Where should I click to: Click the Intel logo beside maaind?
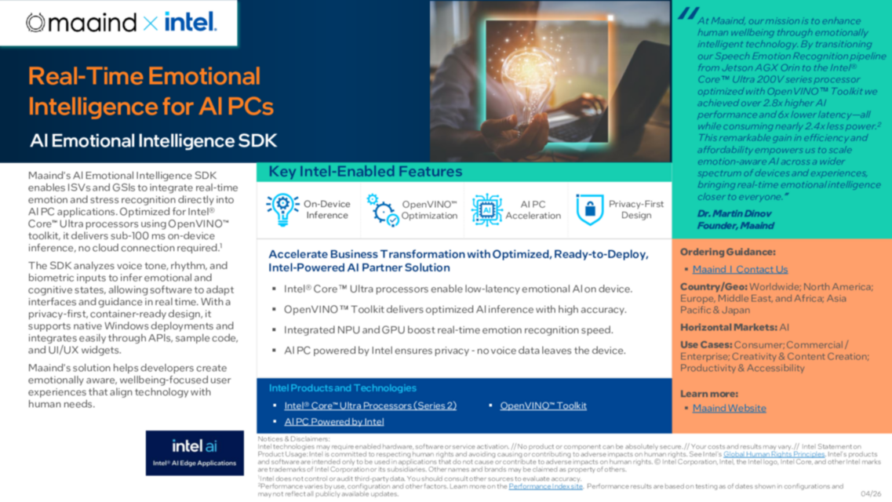click(190, 22)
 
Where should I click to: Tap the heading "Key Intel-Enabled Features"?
click(366, 172)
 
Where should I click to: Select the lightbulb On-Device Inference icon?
click(282, 209)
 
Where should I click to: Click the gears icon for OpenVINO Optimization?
click(383, 210)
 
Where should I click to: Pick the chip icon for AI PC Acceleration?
click(486, 210)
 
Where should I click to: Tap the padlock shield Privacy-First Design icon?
click(589, 209)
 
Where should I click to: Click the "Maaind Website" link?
click(729, 408)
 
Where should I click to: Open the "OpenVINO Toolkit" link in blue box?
click(543, 406)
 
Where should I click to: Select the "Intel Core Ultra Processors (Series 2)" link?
click(370, 406)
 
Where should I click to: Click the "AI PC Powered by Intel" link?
click(334, 421)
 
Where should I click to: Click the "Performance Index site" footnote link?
click(545, 486)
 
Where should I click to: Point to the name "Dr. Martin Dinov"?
click(735, 213)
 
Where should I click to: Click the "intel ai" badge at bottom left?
click(195, 453)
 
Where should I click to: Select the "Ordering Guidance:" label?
click(727, 252)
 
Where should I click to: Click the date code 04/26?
click(871, 493)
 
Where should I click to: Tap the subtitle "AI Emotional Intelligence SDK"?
click(153, 141)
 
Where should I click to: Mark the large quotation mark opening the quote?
click(688, 14)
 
